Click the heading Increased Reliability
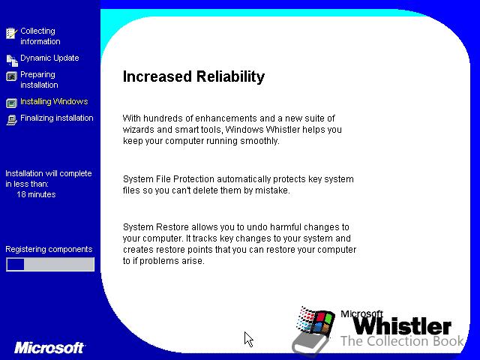click(193, 76)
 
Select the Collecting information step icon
click(12, 33)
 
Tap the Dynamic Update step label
click(49, 58)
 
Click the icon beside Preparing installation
click(12, 76)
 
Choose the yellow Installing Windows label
click(54, 102)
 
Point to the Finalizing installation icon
click(12, 120)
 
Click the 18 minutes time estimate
click(36, 194)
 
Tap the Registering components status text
click(49, 249)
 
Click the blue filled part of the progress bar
click(15, 264)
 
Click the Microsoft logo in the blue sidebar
click(49, 348)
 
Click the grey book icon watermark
click(309, 344)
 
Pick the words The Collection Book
click(402, 341)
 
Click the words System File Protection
click(169, 179)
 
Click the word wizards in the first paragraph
click(139, 130)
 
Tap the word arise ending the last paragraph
click(194, 261)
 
